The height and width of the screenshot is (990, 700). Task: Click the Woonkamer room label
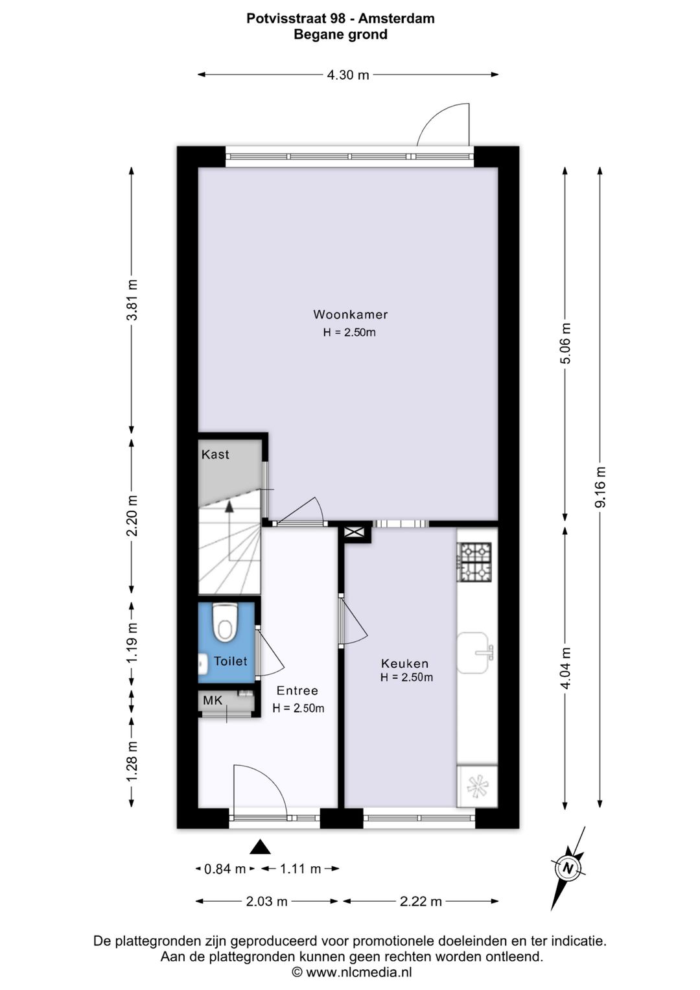(x=351, y=314)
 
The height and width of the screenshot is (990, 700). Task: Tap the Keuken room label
(x=405, y=663)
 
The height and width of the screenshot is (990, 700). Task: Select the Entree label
(x=297, y=690)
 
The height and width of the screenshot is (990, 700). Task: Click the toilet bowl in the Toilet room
(x=225, y=622)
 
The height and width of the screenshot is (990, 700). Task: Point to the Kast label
(x=215, y=454)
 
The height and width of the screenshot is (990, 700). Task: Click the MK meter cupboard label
(x=213, y=700)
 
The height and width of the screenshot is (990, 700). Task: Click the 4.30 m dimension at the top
(x=348, y=75)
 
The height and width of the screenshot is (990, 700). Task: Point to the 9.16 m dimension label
(x=600, y=488)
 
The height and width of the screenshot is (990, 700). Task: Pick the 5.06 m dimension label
(x=565, y=344)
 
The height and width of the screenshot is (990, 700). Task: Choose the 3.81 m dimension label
(x=132, y=300)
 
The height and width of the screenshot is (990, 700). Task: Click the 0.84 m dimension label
(x=224, y=869)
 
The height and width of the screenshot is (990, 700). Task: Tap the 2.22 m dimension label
(x=421, y=901)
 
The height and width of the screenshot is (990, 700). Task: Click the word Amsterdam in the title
(x=397, y=19)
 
